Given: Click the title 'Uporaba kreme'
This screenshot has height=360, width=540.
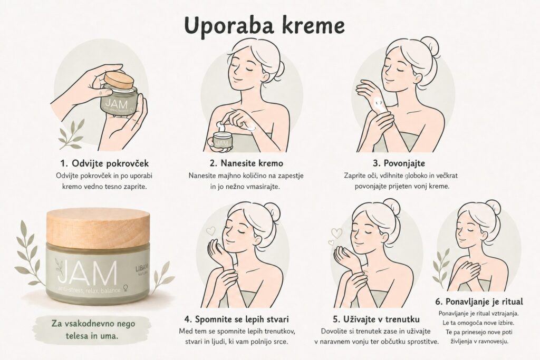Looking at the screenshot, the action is coord(265,26).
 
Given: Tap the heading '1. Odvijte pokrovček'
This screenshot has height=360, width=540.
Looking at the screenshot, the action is coord(104,163).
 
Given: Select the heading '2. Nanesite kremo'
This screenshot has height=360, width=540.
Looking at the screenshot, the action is coord(246,163).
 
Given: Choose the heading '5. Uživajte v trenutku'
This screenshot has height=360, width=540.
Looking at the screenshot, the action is coord(376,319).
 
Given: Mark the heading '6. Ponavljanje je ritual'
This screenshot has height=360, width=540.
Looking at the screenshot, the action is coord(479,302).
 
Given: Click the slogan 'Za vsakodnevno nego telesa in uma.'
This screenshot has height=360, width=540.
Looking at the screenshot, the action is coord(93,330).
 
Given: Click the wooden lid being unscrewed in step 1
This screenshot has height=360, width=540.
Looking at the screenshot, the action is coord(119,81).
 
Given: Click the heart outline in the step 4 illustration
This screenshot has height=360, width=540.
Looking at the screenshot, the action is coord(210,230).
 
